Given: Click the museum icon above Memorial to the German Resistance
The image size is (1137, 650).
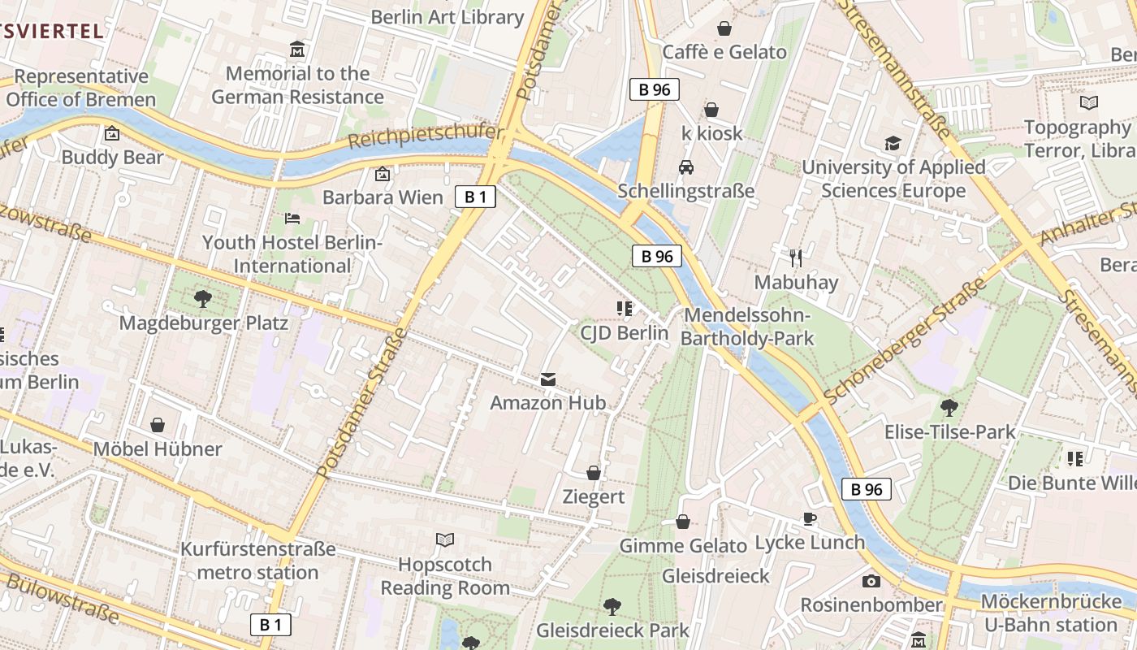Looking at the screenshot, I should click(297, 50).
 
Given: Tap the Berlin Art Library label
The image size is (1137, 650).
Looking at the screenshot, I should click(447, 17).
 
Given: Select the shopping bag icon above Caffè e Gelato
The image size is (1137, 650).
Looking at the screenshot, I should click(724, 29).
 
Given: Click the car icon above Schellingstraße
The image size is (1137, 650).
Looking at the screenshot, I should click(686, 167).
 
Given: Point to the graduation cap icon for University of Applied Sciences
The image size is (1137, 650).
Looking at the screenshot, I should click(893, 144).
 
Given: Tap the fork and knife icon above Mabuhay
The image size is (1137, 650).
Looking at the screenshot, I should click(796, 258).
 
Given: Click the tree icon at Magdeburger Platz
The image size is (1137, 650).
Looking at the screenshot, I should click(203, 299).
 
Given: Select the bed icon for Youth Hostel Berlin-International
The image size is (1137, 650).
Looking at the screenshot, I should click(292, 219).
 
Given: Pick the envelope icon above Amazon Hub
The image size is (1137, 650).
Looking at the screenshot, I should click(548, 379).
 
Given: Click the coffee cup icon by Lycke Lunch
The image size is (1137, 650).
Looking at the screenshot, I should click(809, 518).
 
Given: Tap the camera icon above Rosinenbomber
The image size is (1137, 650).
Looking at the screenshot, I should click(871, 581).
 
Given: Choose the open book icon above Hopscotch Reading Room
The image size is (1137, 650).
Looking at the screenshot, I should click(445, 539).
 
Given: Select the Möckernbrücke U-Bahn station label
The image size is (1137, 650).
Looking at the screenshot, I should click(1050, 613).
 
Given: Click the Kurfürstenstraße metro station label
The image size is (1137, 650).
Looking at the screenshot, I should click(257, 561).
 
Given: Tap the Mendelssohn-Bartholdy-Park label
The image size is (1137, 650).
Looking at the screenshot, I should click(747, 327).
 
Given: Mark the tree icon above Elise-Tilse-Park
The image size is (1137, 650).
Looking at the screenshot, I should click(949, 408).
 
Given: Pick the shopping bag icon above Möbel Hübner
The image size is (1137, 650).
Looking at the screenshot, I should click(158, 425).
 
